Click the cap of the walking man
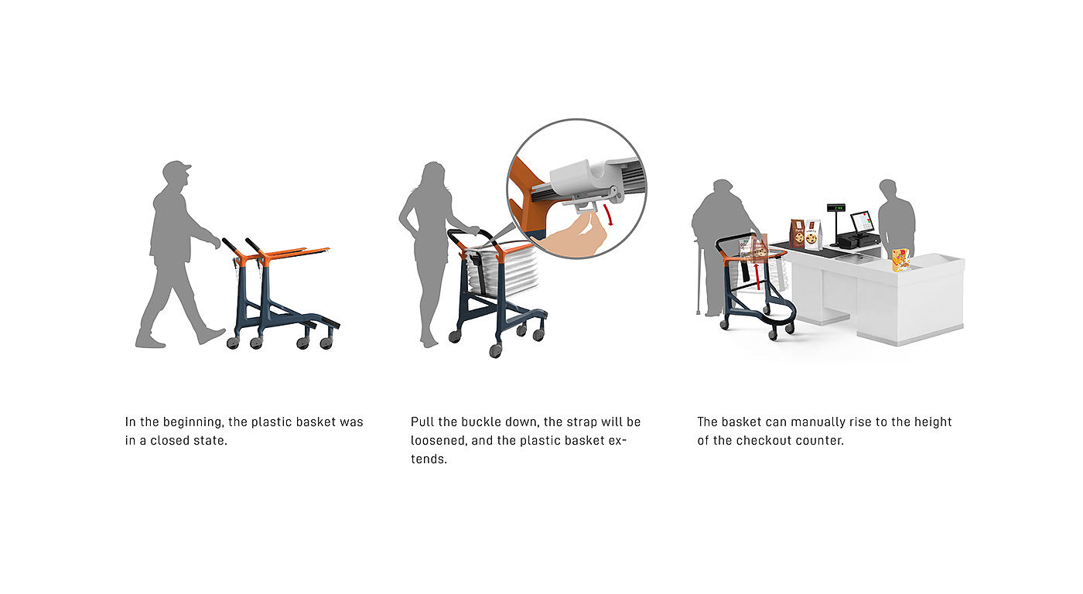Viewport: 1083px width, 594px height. click(x=176, y=168)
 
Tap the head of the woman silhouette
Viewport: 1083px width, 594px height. click(x=434, y=174)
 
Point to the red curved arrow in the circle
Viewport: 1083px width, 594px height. click(x=609, y=214)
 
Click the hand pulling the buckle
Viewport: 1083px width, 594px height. click(x=576, y=238)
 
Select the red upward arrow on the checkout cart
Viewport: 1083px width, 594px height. click(x=757, y=276)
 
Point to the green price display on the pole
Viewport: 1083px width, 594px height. click(x=836, y=208)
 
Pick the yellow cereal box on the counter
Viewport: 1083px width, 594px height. click(x=900, y=260)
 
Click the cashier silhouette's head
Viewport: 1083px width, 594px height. click(x=888, y=189)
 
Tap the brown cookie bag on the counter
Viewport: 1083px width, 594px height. click(x=798, y=233)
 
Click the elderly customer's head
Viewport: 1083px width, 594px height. click(x=723, y=187)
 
